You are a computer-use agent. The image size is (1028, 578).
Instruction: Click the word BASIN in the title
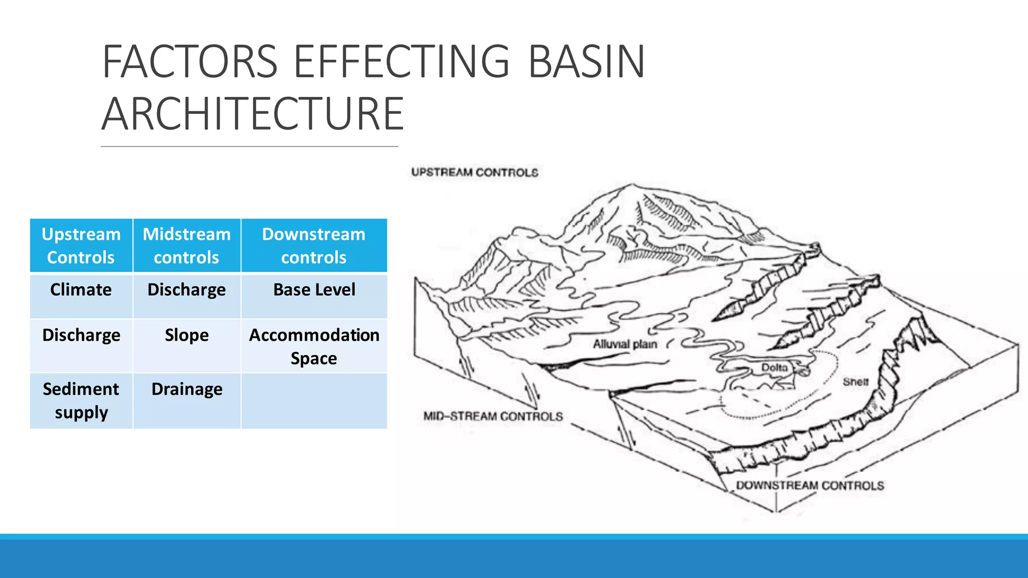click(586, 62)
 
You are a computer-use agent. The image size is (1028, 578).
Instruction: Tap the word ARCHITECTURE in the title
click(252, 114)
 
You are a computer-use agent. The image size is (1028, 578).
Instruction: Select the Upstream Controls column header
click(81, 245)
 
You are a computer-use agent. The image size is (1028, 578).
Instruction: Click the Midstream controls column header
click(186, 245)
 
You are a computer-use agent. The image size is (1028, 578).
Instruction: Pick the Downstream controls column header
click(314, 245)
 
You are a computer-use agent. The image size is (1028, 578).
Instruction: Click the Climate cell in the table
click(81, 290)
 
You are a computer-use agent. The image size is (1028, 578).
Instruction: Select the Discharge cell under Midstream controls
click(186, 290)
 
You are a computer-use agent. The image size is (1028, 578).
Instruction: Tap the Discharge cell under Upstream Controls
click(81, 335)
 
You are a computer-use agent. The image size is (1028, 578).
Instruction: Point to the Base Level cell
click(314, 290)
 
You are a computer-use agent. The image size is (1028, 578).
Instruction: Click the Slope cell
click(186, 335)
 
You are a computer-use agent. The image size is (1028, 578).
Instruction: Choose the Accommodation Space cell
click(314, 346)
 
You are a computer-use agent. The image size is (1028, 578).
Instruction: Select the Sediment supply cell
click(81, 400)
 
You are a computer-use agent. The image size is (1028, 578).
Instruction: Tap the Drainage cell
click(186, 389)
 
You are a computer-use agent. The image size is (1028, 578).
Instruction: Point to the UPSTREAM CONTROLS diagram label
click(474, 173)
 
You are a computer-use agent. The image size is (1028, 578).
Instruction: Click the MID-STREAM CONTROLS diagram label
click(493, 416)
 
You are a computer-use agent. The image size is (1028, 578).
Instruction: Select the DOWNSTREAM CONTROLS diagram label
click(810, 486)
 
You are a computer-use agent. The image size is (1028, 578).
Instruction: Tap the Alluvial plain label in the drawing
click(625, 344)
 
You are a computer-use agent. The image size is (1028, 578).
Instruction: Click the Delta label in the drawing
click(774, 368)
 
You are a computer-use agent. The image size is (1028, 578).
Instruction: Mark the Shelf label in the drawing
click(855, 382)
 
